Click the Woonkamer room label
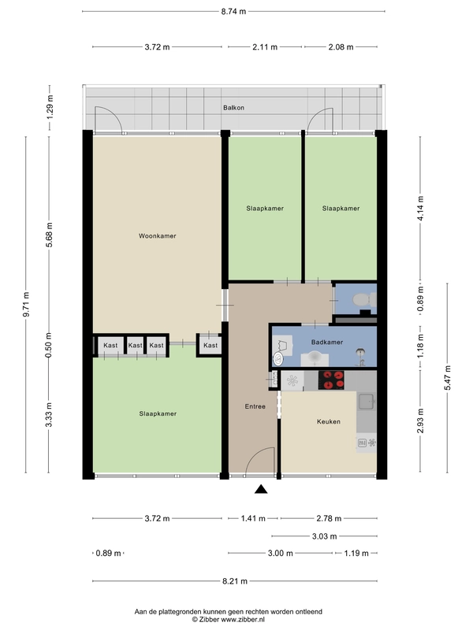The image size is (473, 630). click(157, 235)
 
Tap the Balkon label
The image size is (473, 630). click(233, 108)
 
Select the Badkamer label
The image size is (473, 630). click(327, 342)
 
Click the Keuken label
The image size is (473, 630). click(329, 421)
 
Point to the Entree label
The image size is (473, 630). click(255, 406)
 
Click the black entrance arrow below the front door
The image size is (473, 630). click(261, 489)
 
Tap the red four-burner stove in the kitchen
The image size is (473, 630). click(331, 380)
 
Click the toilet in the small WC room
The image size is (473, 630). click(364, 300)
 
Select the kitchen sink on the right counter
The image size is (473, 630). click(367, 401)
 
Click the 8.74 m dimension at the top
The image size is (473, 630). click(233, 11)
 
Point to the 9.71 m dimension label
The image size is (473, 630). click(27, 304)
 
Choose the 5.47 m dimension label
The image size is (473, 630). click(447, 378)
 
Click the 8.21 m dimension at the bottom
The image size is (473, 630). click(235, 581)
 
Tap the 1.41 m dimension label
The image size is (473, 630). click(253, 518)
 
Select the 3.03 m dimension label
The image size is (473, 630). click(325, 536)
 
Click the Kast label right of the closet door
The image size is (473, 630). click(210, 345)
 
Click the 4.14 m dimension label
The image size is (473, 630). click(420, 208)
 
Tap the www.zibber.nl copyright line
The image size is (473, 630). click(228, 620)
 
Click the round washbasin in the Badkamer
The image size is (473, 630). click(278, 358)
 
